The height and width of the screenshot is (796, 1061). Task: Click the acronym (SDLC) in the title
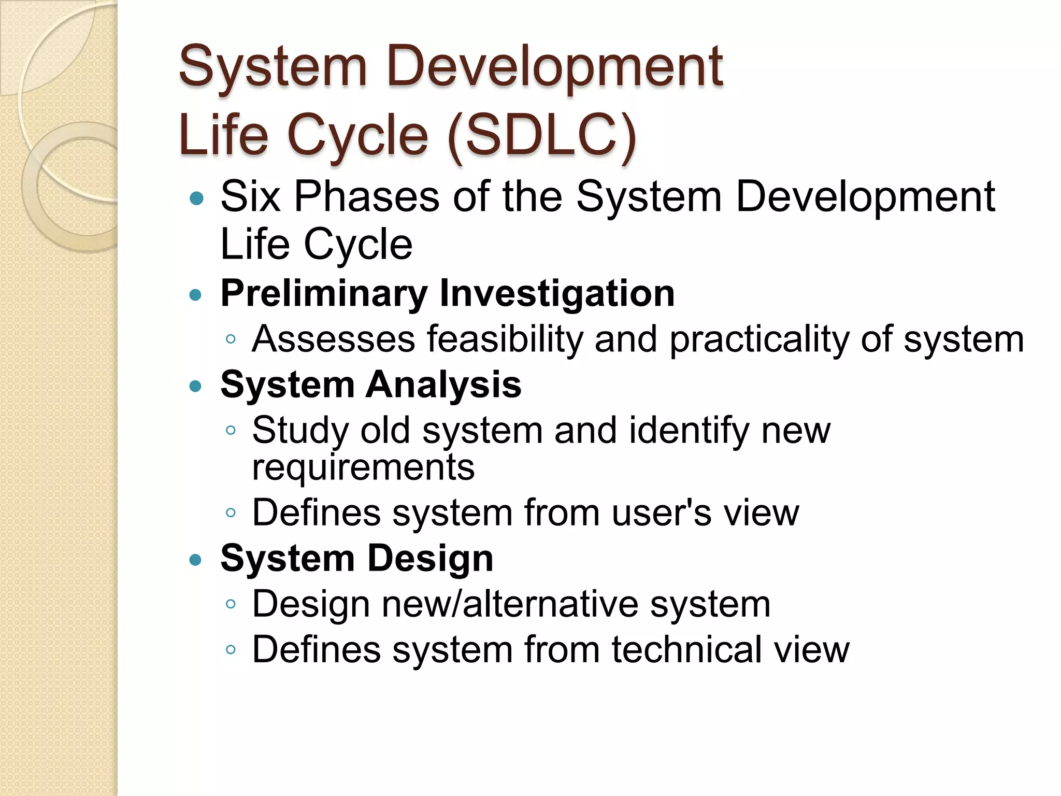point(542,136)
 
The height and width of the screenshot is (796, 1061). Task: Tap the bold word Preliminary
point(323,294)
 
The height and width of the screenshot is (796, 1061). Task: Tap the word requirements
point(363,467)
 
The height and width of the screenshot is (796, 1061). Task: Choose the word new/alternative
point(510,604)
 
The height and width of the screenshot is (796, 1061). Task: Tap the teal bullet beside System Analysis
point(195,386)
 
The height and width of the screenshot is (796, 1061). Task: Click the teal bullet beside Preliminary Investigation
point(195,295)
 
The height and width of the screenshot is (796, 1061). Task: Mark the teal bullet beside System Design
point(195,560)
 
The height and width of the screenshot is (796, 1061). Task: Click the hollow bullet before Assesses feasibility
point(231,340)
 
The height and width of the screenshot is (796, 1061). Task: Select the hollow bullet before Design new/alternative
point(231,604)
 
